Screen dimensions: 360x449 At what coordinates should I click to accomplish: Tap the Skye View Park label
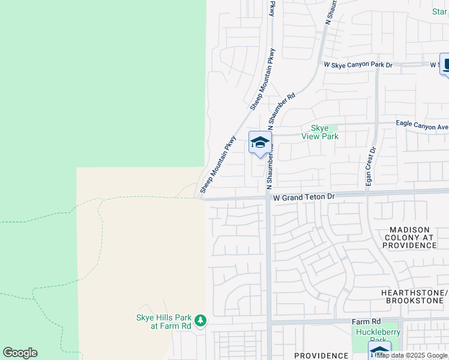[x=324, y=132]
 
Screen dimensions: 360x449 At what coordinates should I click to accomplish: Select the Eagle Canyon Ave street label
[x=422, y=127]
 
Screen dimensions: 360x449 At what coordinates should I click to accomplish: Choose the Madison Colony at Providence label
[x=409, y=238]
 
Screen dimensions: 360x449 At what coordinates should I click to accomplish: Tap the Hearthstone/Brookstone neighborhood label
[x=415, y=296]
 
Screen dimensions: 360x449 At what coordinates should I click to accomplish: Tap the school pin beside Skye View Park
[x=260, y=143]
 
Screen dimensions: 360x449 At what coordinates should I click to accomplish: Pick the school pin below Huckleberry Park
[x=379, y=351]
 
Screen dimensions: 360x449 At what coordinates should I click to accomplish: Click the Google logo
[x=20, y=353]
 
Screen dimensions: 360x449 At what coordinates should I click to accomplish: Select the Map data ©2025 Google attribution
[x=412, y=355]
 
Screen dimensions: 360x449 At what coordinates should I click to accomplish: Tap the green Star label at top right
[x=440, y=12]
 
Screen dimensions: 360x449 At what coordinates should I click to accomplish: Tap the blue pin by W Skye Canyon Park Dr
[x=447, y=64]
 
